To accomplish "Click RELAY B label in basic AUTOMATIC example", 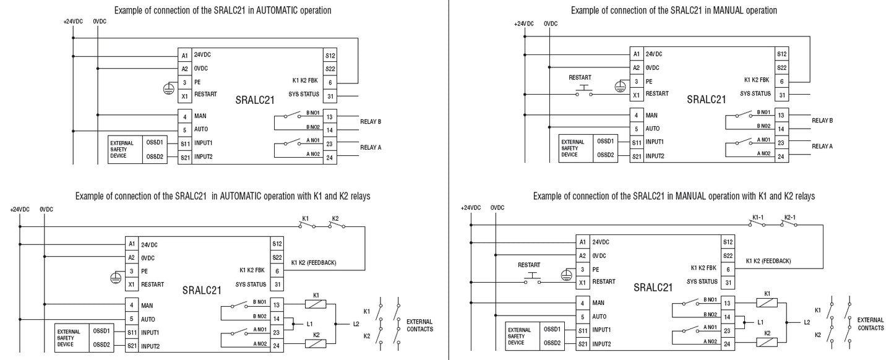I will [371, 121].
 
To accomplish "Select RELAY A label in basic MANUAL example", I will [822, 146].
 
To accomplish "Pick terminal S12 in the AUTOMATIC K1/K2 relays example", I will [277, 244].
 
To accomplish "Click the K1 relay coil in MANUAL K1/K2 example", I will [767, 303].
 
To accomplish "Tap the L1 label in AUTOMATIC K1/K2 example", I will [310, 323].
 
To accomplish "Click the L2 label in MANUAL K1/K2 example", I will [807, 322].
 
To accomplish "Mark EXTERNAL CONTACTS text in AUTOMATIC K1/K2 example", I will [419, 325].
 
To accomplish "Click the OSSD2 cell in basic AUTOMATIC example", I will [154, 156].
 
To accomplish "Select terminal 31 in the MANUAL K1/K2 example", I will [728, 283].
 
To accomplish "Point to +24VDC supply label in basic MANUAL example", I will [523, 24].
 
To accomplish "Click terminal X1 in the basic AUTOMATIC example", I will [184, 96].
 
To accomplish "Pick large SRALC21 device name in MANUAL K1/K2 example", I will [653, 288].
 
